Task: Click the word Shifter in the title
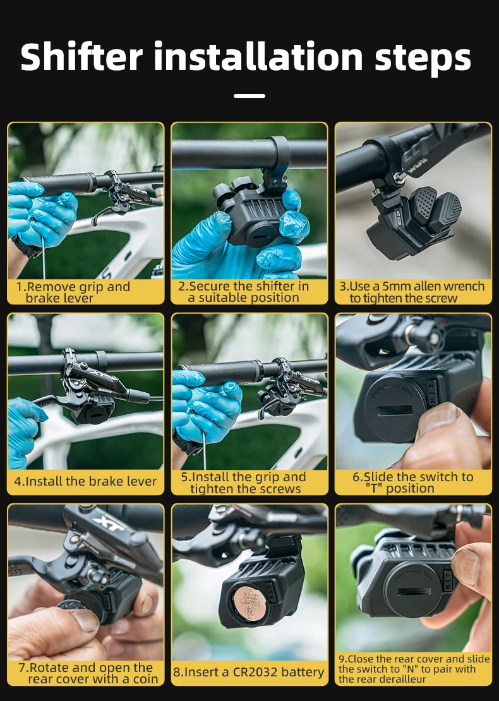tap(81, 57)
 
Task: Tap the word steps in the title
tap(423, 59)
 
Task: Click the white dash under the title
tap(249, 95)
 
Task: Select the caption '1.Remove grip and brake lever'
tap(73, 292)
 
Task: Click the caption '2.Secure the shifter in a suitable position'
tap(244, 292)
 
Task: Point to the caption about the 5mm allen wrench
tap(412, 292)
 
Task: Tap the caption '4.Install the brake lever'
tap(85, 481)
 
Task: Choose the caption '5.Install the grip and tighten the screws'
tap(244, 483)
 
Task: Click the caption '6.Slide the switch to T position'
tap(412, 482)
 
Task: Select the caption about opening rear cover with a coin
tap(88, 673)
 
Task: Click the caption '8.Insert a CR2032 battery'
tap(249, 672)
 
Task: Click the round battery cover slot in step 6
tap(395, 410)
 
